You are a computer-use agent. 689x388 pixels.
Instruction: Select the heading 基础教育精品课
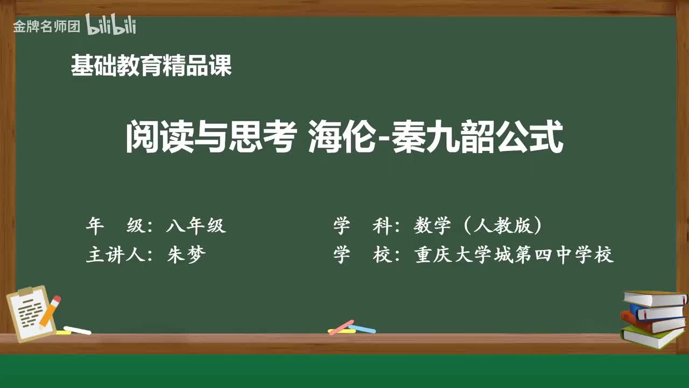pyautogui.click(x=151, y=67)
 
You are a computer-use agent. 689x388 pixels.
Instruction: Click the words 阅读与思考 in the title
pyautogui.click(x=211, y=138)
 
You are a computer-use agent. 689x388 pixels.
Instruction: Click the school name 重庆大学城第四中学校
pyautogui.click(x=514, y=255)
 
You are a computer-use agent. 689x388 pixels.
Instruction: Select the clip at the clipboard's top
pyautogui.click(x=25, y=292)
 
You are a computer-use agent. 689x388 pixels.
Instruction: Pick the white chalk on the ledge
pyautogui.click(x=78, y=330)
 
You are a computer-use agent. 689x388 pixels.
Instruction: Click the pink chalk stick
pyautogui.click(x=341, y=327)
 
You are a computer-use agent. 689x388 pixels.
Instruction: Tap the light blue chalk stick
pyautogui.click(x=362, y=328)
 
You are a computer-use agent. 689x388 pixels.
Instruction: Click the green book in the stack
pyautogui.click(x=652, y=337)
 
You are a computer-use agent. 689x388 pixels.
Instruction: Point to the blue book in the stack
pyautogui.click(x=657, y=312)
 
